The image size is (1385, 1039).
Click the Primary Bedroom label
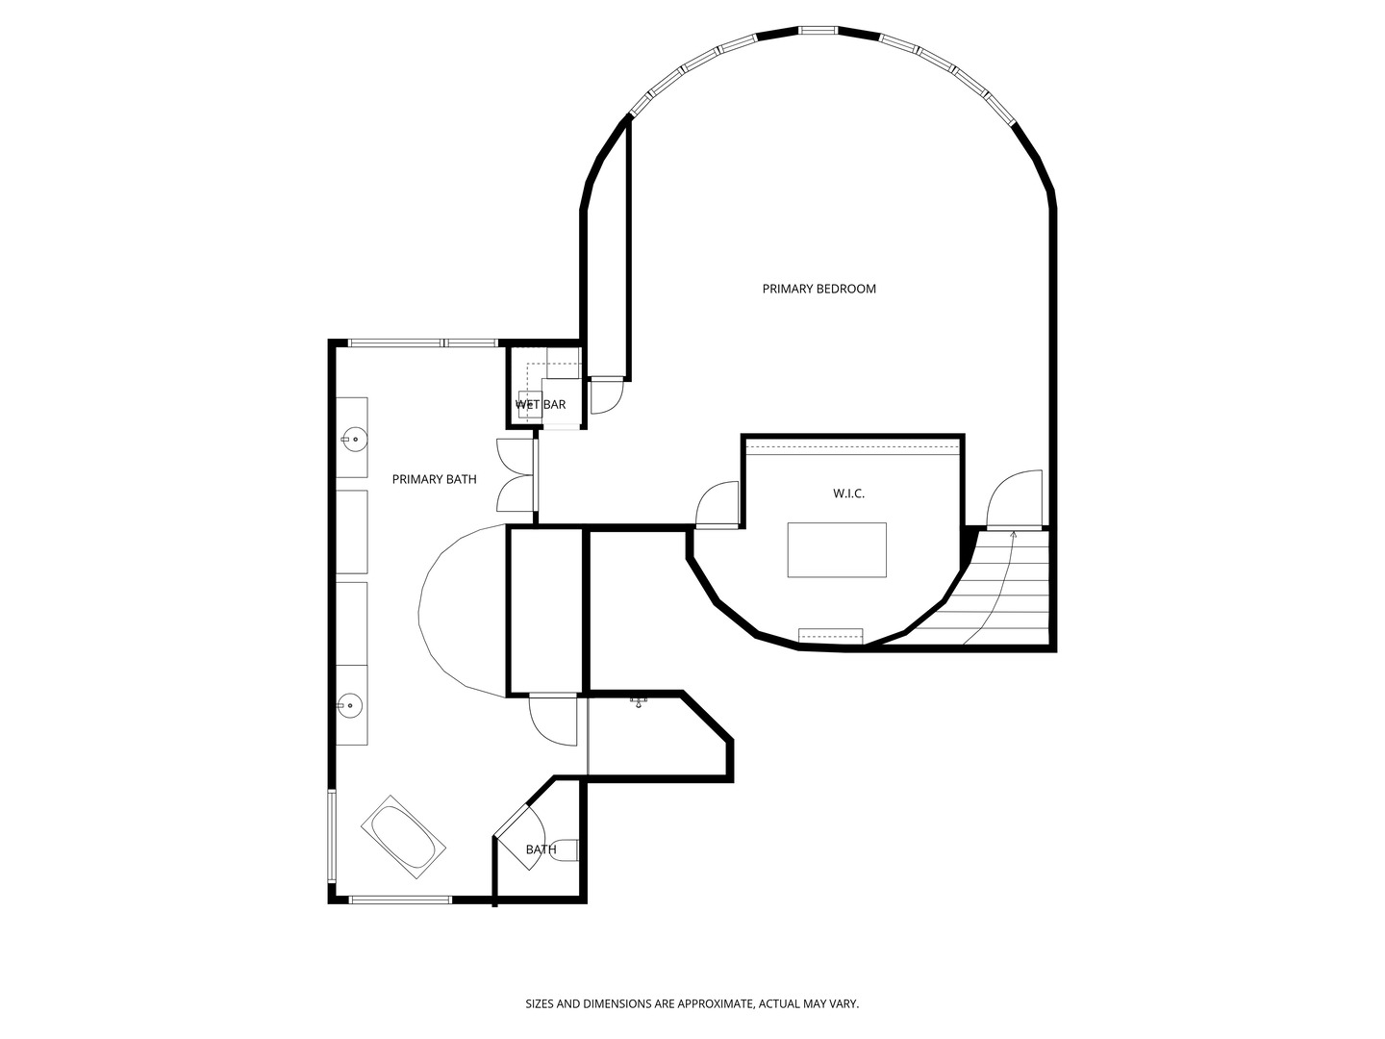coord(818,289)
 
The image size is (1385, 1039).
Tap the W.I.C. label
coord(848,494)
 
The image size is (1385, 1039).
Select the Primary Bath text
coord(434,479)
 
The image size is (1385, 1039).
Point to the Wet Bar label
coord(541,405)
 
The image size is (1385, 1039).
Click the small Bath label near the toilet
coord(541,849)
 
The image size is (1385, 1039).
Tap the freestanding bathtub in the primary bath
coord(404,836)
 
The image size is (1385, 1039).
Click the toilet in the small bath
coord(566,850)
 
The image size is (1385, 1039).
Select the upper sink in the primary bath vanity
coord(353,439)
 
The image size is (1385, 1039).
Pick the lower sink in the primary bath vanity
coord(351,706)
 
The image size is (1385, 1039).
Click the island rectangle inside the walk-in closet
coord(837,549)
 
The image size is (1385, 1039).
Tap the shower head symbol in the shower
coord(639,702)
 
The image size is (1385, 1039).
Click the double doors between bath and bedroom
coord(516,475)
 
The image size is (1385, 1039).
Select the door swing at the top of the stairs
coord(1016,498)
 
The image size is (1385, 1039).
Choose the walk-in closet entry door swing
coord(718,504)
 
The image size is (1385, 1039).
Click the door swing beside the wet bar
coord(607,395)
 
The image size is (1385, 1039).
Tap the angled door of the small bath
coord(520,833)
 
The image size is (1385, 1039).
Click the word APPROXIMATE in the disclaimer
coord(705,1004)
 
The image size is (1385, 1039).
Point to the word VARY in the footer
coord(844,1004)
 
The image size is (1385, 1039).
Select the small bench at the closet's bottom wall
coord(831,635)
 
